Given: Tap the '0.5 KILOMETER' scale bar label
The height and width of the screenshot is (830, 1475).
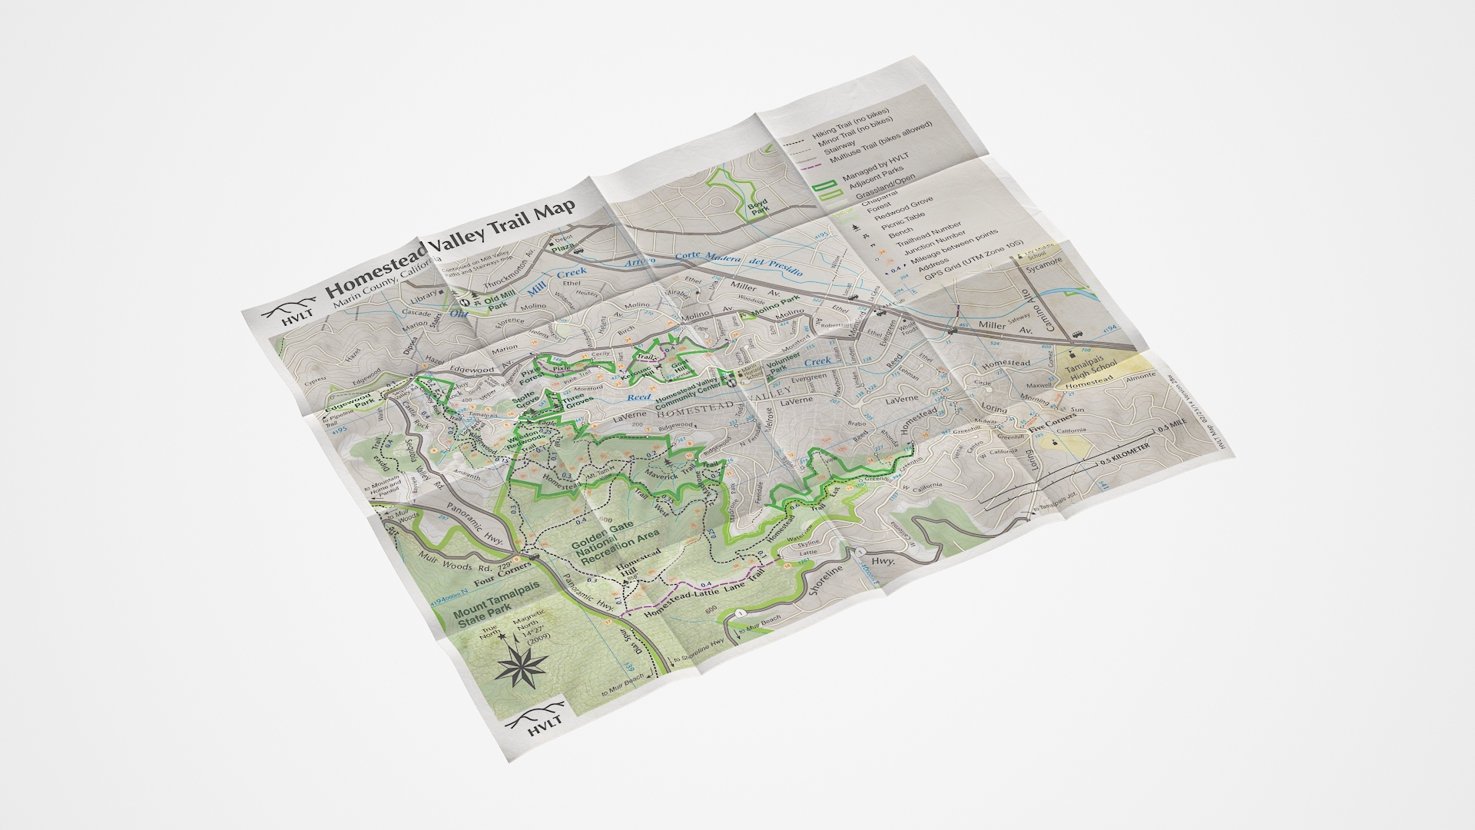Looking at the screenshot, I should coord(1125,454).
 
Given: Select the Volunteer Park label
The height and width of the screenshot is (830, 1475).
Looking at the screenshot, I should coord(781,362).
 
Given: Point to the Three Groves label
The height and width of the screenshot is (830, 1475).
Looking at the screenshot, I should coord(578,404).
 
